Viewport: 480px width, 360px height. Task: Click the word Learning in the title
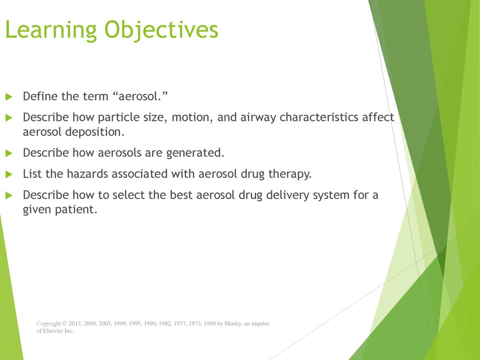pyautogui.click(x=51, y=30)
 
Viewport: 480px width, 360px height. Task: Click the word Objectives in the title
pyautogui.click(x=161, y=30)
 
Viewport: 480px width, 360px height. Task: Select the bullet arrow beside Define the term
pyautogui.click(x=9, y=97)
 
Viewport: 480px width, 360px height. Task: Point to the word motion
pyautogui.click(x=192, y=117)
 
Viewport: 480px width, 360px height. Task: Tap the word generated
pyautogui.click(x=195, y=153)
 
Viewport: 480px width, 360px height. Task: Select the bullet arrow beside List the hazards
pyautogui.click(x=9, y=174)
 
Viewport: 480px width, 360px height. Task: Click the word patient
pyautogui.click(x=76, y=210)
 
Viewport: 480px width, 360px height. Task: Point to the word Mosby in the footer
pyautogui.click(x=233, y=323)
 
